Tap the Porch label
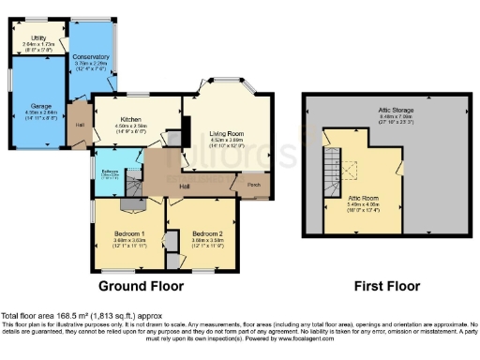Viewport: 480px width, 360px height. pos(254,185)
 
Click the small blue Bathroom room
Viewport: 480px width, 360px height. pos(110,175)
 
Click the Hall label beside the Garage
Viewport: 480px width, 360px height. pos(80,124)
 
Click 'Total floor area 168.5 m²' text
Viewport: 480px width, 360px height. pos(56,316)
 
